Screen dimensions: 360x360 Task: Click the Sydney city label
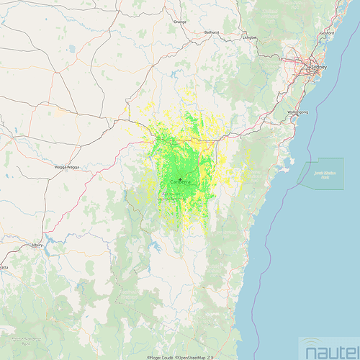click(x=318, y=67)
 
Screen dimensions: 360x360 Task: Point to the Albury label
click(x=37, y=246)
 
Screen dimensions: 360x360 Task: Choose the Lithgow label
click(x=250, y=37)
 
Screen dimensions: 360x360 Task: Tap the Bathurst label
click(x=212, y=32)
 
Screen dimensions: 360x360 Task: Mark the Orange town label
click(x=180, y=22)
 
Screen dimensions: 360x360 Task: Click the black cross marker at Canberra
click(x=180, y=178)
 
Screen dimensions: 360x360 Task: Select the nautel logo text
click(x=330, y=351)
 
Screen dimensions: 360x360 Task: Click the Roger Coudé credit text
click(x=160, y=357)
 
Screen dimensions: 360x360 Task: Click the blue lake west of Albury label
click(x=50, y=238)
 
